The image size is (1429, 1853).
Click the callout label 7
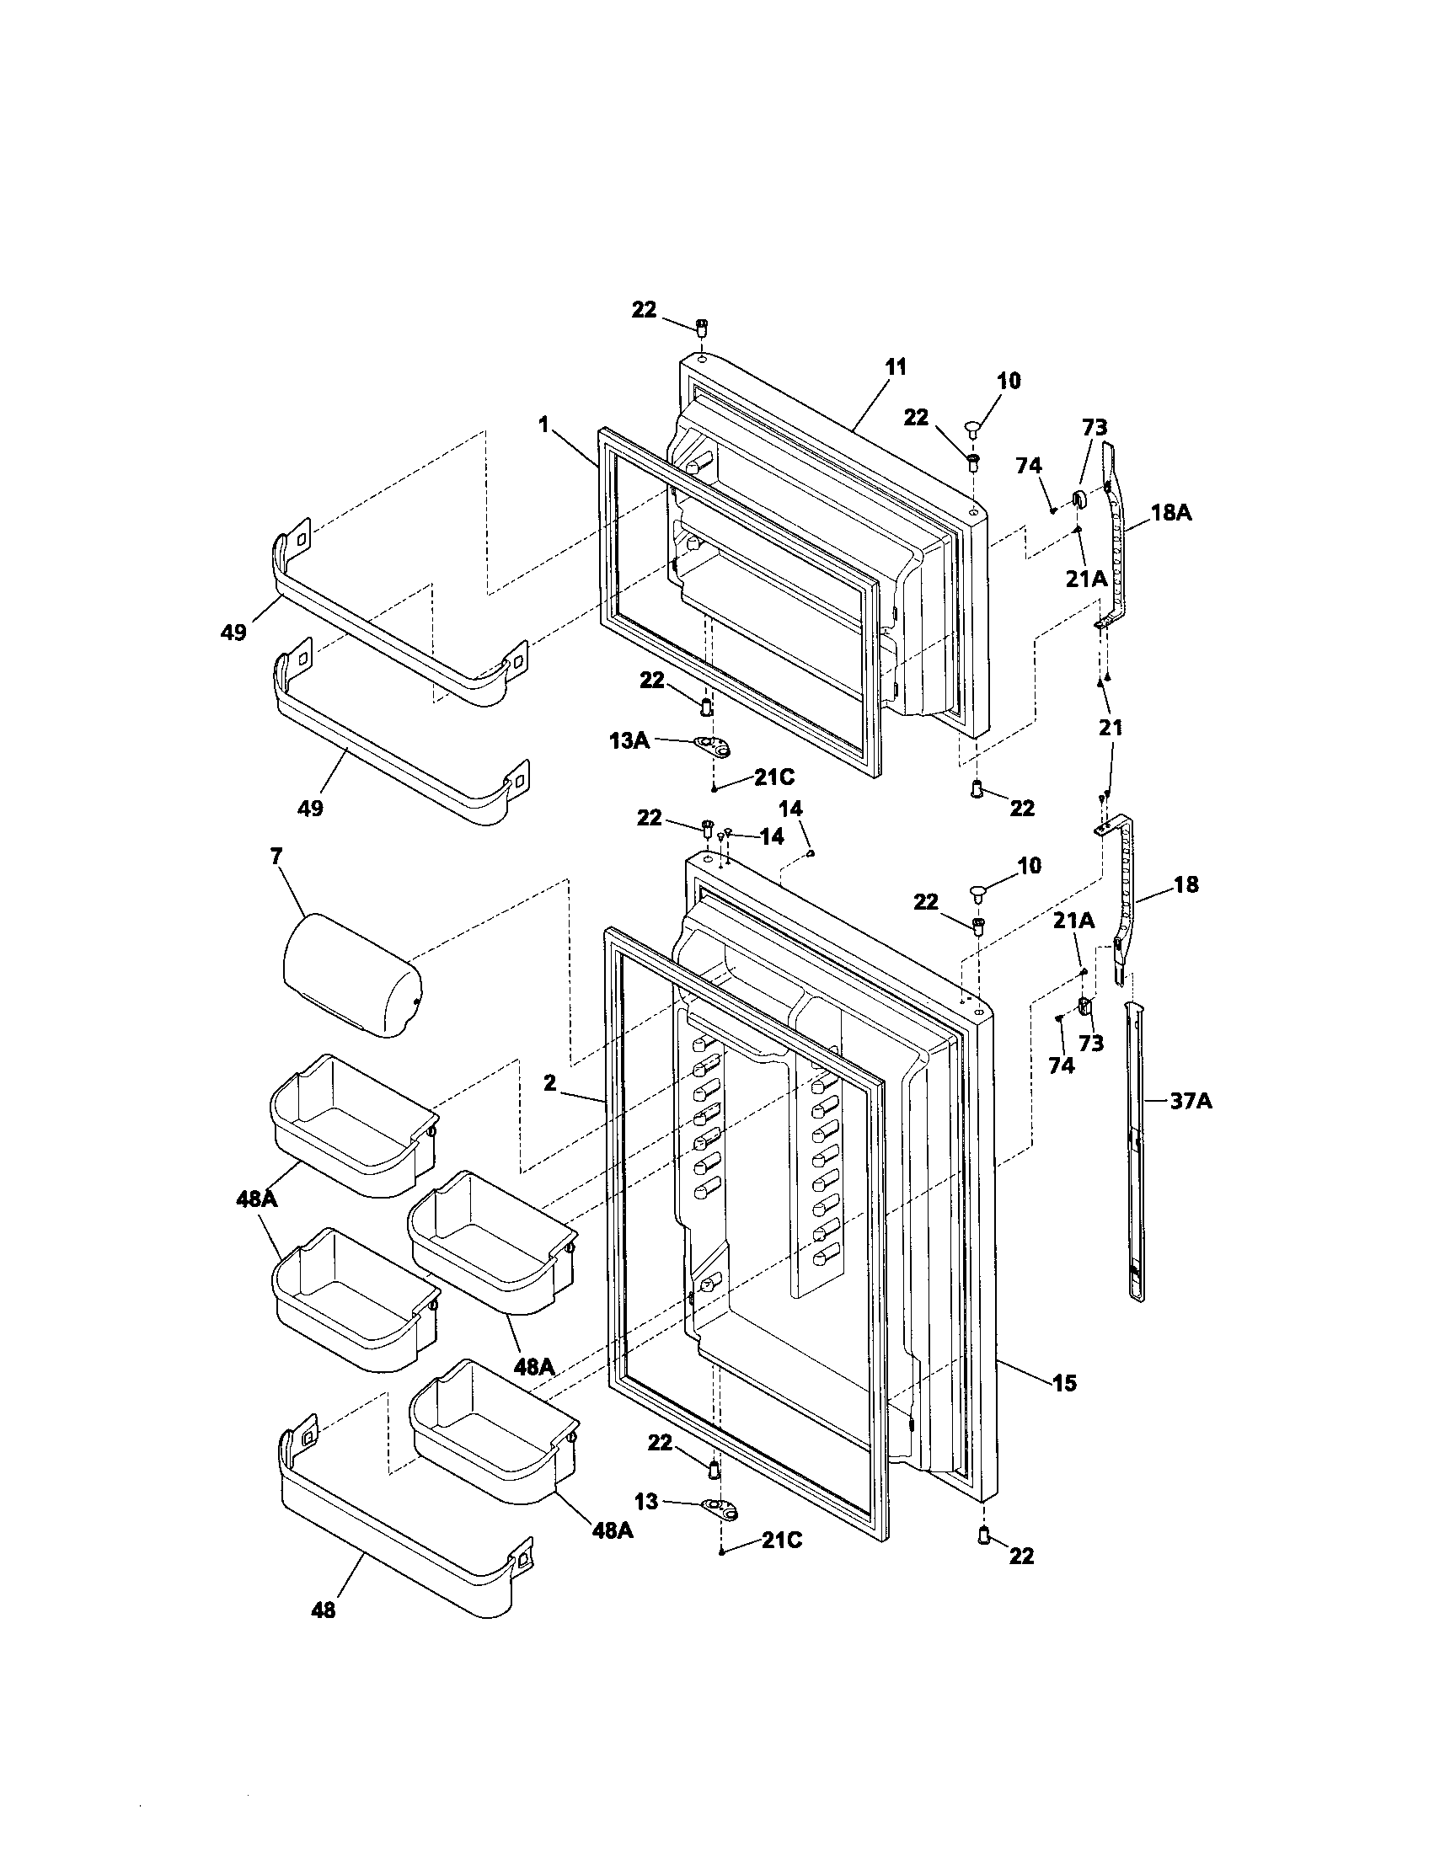point(276,856)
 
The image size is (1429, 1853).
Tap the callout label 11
point(896,367)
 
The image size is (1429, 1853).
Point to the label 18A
point(1171,512)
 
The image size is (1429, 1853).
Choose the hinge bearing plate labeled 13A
point(712,745)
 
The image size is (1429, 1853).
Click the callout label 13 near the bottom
point(646,1502)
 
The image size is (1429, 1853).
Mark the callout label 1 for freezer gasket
point(543,424)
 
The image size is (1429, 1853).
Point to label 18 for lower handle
point(1186,885)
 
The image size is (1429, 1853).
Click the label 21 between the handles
point(1111,727)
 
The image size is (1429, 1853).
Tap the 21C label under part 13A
point(773,777)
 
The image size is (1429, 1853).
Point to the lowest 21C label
point(781,1540)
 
